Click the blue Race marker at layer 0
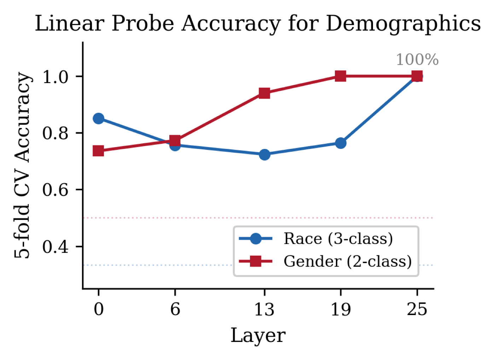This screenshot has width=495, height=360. [98, 118]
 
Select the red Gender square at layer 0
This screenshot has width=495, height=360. [98, 151]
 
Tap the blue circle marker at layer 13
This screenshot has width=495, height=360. [264, 155]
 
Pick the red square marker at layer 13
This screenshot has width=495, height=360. [264, 93]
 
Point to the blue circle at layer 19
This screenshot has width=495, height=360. [340, 143]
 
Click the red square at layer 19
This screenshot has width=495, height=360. [340, 76]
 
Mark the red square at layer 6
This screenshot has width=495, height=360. [175, 140]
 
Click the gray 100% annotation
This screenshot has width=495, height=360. [417, 60]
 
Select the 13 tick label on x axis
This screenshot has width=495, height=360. [264, 310]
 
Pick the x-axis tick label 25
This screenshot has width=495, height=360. [417, 310]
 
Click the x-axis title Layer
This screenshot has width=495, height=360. [258, 335]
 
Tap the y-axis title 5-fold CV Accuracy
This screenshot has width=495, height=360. [23, 165]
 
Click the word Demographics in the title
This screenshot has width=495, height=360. [403, 24]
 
